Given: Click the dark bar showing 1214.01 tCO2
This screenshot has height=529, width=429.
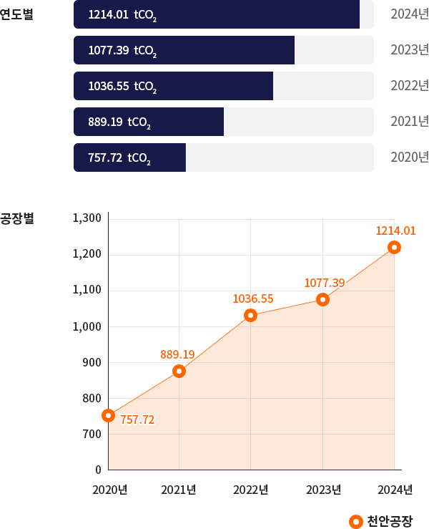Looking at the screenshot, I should [x=216, y=14].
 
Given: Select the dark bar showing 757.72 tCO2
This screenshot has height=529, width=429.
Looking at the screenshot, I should [x=129, y=157].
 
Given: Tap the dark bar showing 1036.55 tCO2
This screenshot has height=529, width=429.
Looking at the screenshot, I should [x=173, y=86].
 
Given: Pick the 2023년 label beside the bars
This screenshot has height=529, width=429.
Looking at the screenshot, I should [x=410, y=50].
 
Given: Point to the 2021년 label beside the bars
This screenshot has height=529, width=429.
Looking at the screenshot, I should [x=410, y=122].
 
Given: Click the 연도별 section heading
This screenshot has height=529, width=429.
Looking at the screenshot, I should [x=17, y=14].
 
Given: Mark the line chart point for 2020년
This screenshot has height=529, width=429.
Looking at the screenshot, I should [x=108, y=415].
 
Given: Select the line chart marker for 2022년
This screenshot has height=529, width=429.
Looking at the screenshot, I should [x=251, y=315].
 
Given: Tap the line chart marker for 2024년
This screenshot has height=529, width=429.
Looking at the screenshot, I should [x=394, y=248].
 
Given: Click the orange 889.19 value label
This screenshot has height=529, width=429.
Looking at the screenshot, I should [x=177, y=354].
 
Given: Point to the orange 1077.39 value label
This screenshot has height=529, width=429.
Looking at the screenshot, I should [x=325, y=283].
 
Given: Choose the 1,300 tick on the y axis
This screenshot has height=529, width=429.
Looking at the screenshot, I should [x=87, y=218].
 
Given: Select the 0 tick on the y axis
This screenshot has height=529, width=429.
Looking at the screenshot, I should [x=98, y=470].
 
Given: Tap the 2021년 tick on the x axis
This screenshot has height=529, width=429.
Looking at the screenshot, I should [x=179, y=490].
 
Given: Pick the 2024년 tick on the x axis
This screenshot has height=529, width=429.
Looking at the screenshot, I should [x=395, y=490].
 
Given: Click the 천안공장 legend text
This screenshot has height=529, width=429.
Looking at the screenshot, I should [x=389, y=520].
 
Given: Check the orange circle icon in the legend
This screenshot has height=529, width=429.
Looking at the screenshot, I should [x=356, y=520].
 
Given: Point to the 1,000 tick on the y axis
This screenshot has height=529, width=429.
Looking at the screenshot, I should [x=87, y=326].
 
